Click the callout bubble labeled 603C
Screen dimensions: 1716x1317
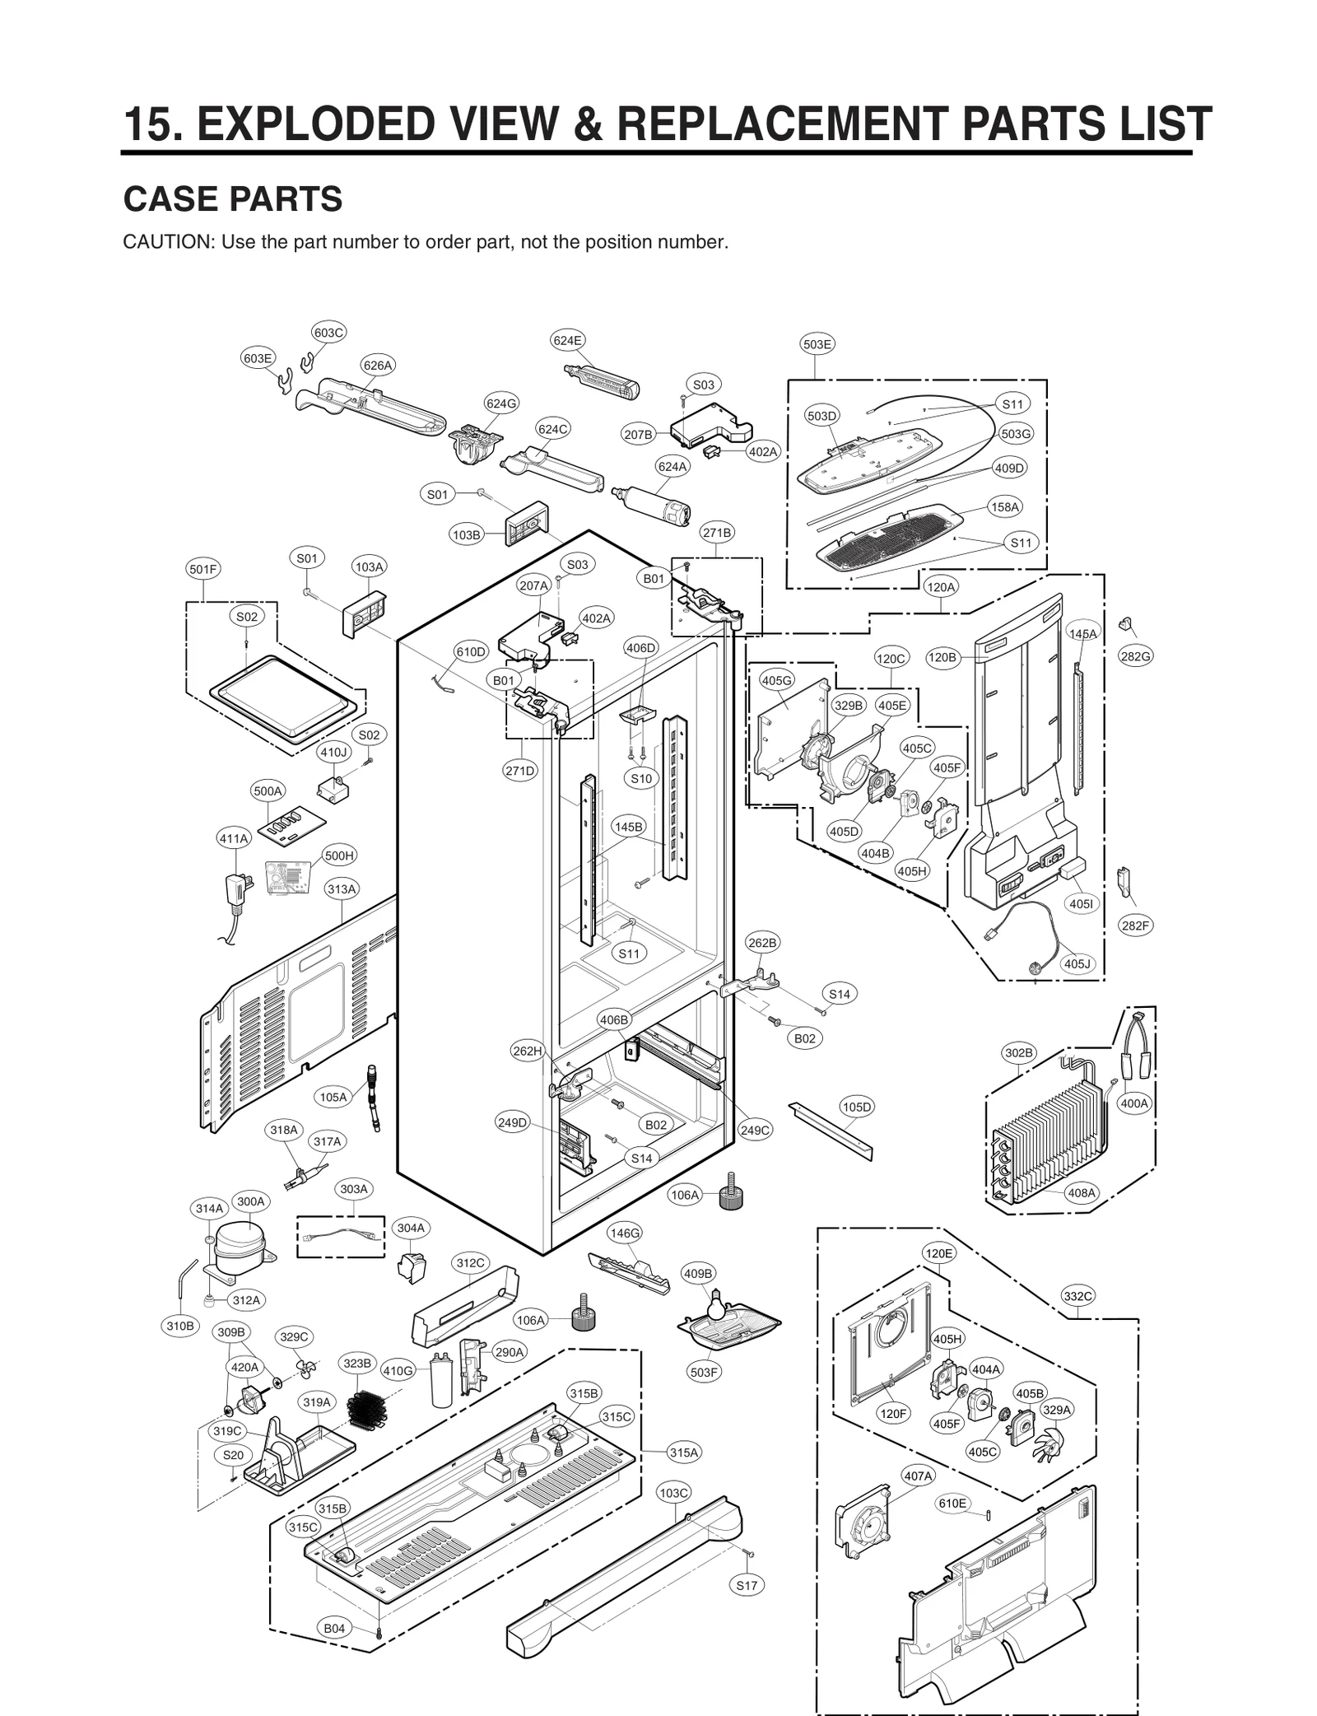click(x=328, y=333)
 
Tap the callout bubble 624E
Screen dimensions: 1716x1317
click(x=567, y=340)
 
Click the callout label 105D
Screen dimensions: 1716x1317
click(x=856, y=1107)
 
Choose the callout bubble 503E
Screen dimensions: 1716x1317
click(x=817, y=344)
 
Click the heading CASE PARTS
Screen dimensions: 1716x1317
click(x=232, y=199)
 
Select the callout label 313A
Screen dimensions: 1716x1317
click(x=341, y=889)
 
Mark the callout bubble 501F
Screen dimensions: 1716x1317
click(x=203, y=569)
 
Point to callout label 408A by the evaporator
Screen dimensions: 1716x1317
click(x=1081, y=1192)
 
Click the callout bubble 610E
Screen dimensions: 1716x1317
click(x=952, y=1503)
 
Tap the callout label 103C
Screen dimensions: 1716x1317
click(x=673, y=1492)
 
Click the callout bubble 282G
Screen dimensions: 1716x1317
click(x=1135, y=656)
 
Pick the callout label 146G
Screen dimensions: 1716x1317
click(x=624, y=1233)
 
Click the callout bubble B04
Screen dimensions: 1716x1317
click(x=334, y=1628)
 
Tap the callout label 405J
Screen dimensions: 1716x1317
click(x=1077, y=963)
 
